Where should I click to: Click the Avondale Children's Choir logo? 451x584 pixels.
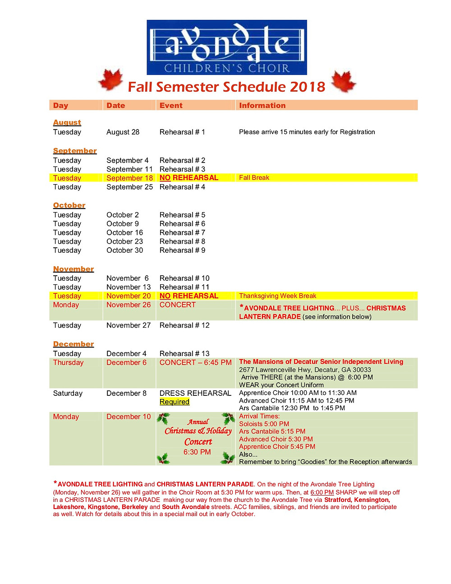point(227,47)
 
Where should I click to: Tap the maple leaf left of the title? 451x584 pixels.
point(110,80)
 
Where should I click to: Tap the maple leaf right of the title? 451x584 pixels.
point(344,81)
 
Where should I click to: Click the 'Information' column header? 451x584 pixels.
point(262,106)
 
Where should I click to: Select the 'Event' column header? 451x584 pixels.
point(171,106)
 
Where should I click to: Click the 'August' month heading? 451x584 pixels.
point(67,122)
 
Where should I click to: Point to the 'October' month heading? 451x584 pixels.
point(69,205)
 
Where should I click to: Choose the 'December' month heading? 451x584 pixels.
point(73,344)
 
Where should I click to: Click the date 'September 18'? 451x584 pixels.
point(129,178)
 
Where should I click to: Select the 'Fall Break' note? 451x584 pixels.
point(254,178)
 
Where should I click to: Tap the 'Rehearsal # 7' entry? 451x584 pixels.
point(182,232)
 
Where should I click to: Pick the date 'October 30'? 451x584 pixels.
point(124,250)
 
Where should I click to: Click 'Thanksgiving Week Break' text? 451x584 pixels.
point(277,296)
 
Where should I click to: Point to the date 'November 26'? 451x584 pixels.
point(129,305)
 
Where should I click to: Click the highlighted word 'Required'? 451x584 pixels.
point(175,402)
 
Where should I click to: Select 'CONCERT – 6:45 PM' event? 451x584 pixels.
point(195,362)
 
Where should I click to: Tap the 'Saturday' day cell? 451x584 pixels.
point(68,393)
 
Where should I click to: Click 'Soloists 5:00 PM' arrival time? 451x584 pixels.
point(264,424)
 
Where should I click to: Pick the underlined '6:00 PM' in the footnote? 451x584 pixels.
point(322,492)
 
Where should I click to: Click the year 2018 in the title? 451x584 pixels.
point(308,87)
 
